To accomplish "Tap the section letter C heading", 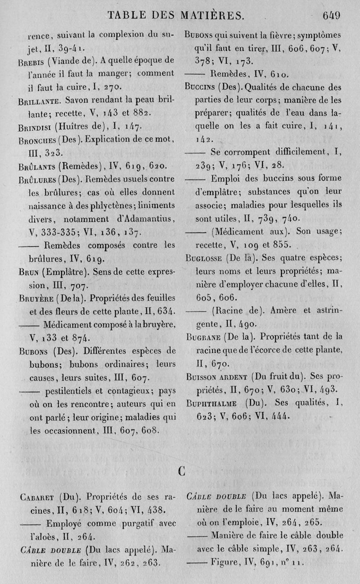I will click(182, 471).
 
